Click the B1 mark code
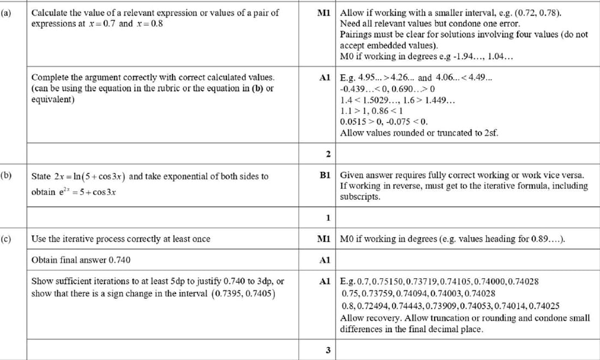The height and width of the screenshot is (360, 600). pyautogui.click(x=326, y=176)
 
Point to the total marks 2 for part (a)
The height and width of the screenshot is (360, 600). pyautogui.click(x=328, y=154)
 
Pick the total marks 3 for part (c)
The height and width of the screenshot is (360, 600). pyautogui.click(x=328, y=350)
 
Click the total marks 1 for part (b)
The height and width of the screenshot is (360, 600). pyautogui.click(x=328, y=218)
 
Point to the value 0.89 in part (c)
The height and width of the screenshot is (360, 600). pyautogui.click(x=543, y=238)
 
